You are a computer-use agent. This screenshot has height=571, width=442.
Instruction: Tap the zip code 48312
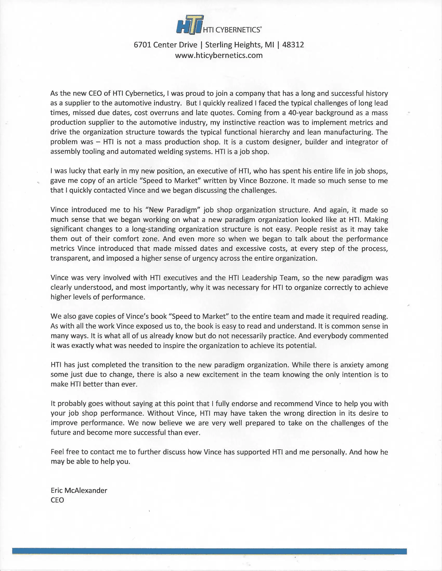(293, 45)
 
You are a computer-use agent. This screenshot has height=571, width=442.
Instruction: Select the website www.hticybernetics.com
(219, 55)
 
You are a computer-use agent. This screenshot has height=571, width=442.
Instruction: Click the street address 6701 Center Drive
(165, 45)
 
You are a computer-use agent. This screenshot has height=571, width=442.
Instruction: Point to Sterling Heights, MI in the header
(239, 45)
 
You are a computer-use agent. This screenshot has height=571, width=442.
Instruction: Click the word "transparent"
(70, 258)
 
